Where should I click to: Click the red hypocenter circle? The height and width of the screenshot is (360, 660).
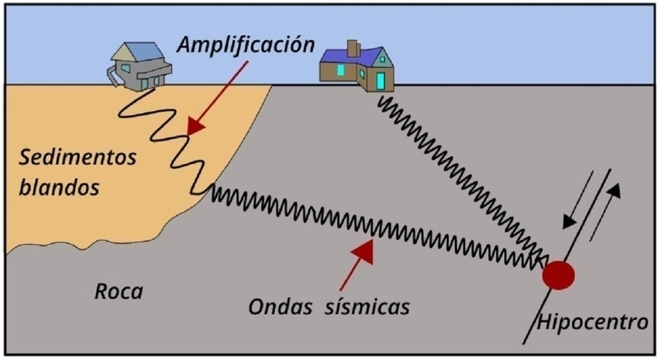558,276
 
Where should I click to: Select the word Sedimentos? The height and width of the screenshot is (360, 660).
77,157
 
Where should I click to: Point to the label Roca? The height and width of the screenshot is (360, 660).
118,291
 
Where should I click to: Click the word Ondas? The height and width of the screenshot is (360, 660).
281,305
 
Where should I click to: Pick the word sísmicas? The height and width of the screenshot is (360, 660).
367,305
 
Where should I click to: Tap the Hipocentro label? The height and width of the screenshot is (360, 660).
593,322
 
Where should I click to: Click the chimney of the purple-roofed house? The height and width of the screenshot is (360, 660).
353,48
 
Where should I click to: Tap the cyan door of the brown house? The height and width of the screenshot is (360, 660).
380,80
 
